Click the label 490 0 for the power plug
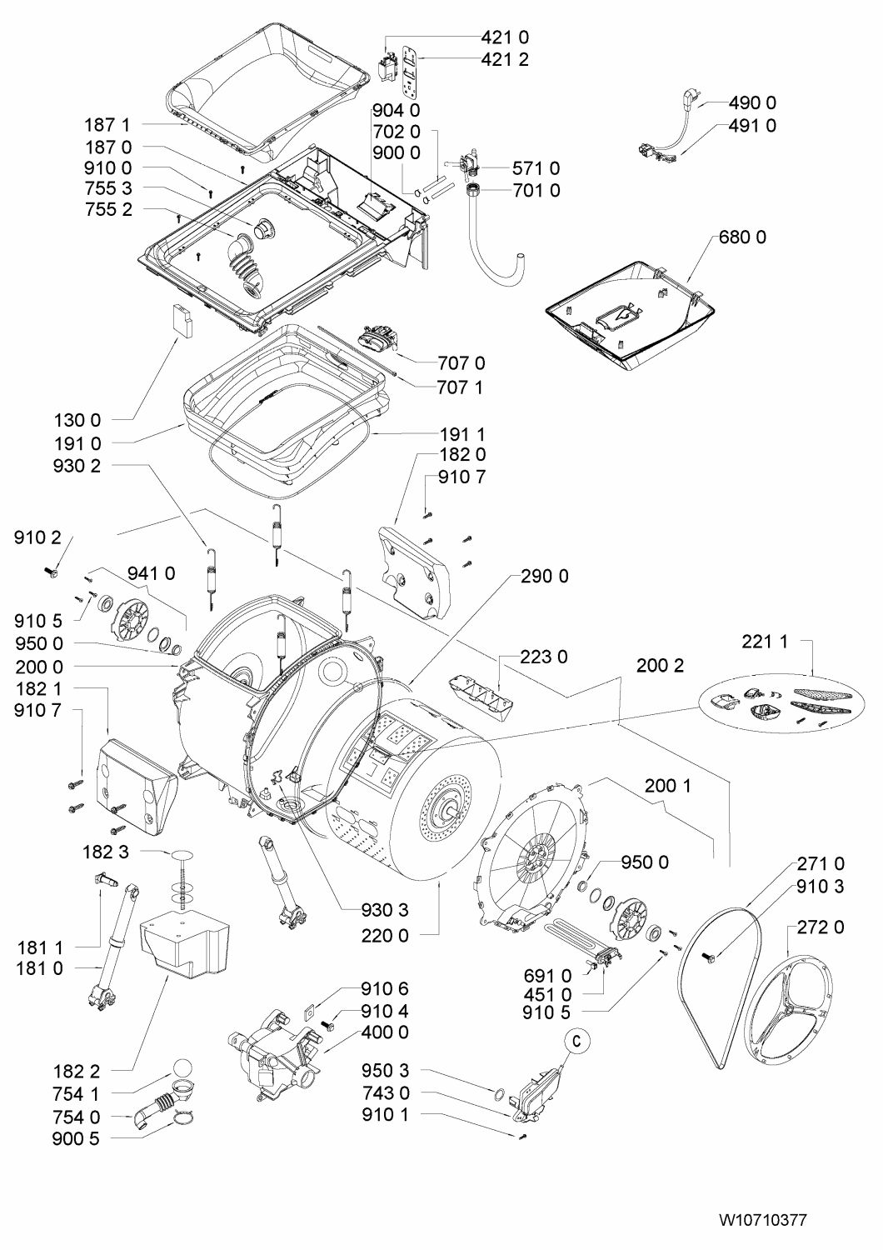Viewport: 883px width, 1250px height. [752, 103]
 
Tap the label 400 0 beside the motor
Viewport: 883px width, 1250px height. [385, 1033]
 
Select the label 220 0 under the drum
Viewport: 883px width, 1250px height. [385, 936]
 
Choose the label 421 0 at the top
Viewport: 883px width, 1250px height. [505, 37]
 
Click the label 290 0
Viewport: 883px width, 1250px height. [545, 576]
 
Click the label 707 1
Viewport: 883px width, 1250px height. [461, 387]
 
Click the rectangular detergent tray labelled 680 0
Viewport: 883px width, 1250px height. [631, 312]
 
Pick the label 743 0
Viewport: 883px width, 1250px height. [385, 1092]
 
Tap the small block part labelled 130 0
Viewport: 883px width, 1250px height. [180, 321]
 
